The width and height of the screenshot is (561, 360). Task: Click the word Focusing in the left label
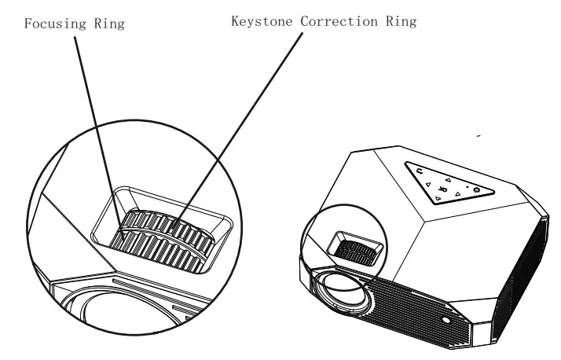53,24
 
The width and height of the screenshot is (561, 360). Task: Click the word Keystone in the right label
262,21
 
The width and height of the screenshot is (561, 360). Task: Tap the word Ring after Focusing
108,24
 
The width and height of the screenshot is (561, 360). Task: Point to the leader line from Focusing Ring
95,126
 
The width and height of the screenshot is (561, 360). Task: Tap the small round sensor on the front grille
445,321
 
